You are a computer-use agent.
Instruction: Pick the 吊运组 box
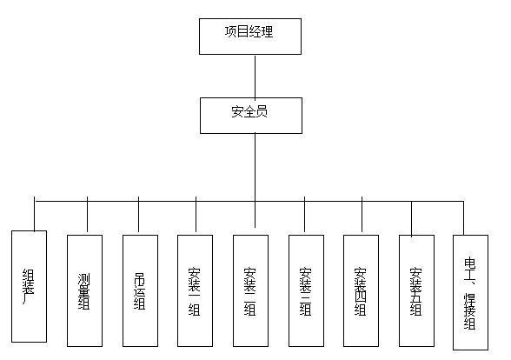pyautogui.click(x=140, y=290)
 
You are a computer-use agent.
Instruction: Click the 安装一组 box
pyautogui.click(x=195, y=290)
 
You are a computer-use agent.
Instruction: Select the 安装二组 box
pyautogui.click(x=251, y=290)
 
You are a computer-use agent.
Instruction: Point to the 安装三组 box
pyautogui.click(x=306, y=290)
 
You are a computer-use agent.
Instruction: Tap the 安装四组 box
pyautogui.click(x=362, y=290)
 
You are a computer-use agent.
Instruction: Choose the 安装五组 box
pyautogui.click(x=416, y=290)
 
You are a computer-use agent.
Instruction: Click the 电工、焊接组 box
pyautogui.click(x=471, y=292)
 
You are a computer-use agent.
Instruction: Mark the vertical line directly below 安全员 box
pyautogui.click(x=255, y=165)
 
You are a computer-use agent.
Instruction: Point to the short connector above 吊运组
pyautogui.click(x=139, y=217)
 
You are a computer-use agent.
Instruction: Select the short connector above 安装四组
pyautogui.click(x=362, y=217)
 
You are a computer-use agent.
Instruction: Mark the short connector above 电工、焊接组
pyautogui.click(x=463, y=217)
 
